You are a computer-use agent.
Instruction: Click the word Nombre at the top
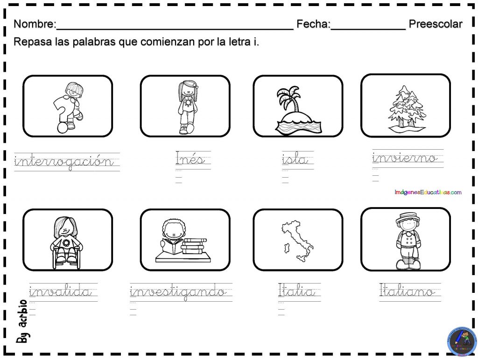tap(35, 24)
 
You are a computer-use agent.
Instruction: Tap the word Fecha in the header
tap(313, 24)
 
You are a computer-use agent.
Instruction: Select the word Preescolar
tap(436, 24)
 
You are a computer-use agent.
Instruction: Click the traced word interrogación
tap(64, 162)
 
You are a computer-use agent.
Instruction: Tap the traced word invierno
tap(405, 158)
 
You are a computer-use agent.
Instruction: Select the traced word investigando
tap(178, 292)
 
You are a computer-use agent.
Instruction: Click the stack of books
tap(194, 246)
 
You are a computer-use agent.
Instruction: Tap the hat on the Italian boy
tap(405, 217)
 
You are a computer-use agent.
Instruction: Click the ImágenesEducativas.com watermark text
tap(428, 192)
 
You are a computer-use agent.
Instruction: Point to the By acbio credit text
tap(22, 322)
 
